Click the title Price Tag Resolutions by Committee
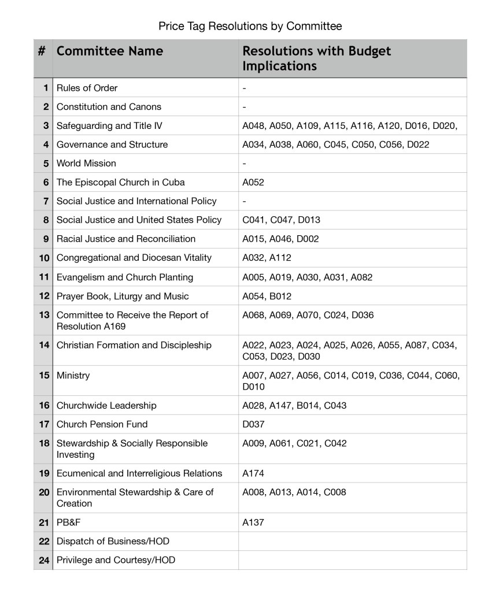[250, 26]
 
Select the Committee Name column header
[110, 51]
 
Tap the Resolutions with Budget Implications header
[316, 58]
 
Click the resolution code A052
[253, 182]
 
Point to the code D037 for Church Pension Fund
[253, 424]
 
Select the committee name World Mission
[86, 163]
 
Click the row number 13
[44, 315]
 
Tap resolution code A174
[253, 473]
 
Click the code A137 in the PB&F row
[253, 522]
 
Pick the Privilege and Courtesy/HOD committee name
[116, 560]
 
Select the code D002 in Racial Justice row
[308, 239]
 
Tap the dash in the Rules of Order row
[245, 88]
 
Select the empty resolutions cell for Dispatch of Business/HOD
[352, 542]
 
